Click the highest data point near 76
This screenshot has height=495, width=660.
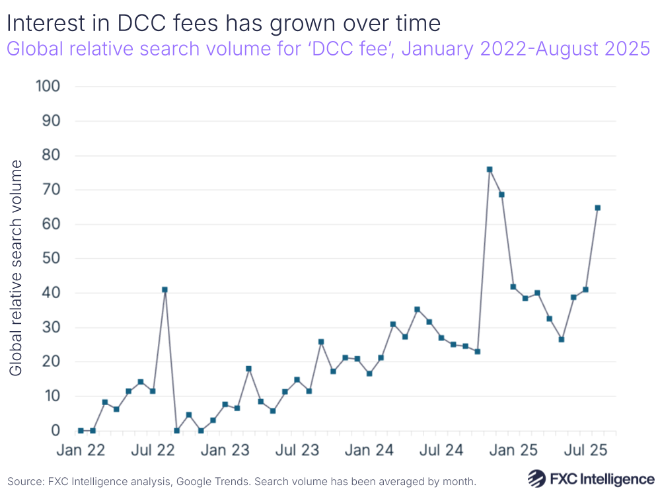490,169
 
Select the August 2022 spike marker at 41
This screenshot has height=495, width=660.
165,289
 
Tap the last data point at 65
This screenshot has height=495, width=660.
597,208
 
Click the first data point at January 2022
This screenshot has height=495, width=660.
81,430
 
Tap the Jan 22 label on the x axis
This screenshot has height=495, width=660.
80,451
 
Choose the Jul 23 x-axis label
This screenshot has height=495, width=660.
297,451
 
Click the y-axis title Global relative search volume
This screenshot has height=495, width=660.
16,268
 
